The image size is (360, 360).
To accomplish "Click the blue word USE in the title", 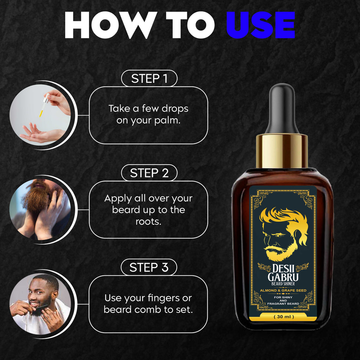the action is pyautogui.click(x=260, y=25).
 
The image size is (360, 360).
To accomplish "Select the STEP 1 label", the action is pyautogui.click(x=149, y=78).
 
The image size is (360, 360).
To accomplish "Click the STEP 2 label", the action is pyautogui.click(x=149, y=173).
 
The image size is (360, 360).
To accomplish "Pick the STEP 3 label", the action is pyautogui.click(x=149, y=267).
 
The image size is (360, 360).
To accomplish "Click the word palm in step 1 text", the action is pyautogui.click(x=167, y=121).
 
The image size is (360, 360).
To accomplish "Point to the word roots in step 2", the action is pyautogui.click(x=148, y=222).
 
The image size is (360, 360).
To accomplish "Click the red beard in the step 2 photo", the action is pyautogui.click(x=37, y=197).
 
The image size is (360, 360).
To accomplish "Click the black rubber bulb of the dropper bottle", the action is pyautogui.click(x=282, y=108).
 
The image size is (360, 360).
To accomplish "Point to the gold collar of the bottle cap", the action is pyautogui.click(x=282, y=151).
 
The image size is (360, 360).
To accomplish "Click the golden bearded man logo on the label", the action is pyautogui.click(x=284, y=234).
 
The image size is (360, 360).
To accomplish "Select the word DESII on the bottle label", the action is pyautogui.click(x=284, y=269).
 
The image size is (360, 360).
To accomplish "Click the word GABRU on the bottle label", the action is pyautogui.click(x=283, y=277).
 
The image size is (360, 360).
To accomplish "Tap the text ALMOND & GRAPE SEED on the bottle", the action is pyautogui.click(x=283, y=291).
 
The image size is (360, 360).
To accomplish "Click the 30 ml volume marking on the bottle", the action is pyautogui.click(x=284, y=317).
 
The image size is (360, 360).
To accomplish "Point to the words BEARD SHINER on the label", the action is pyautogui.click(x=283, y=284).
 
